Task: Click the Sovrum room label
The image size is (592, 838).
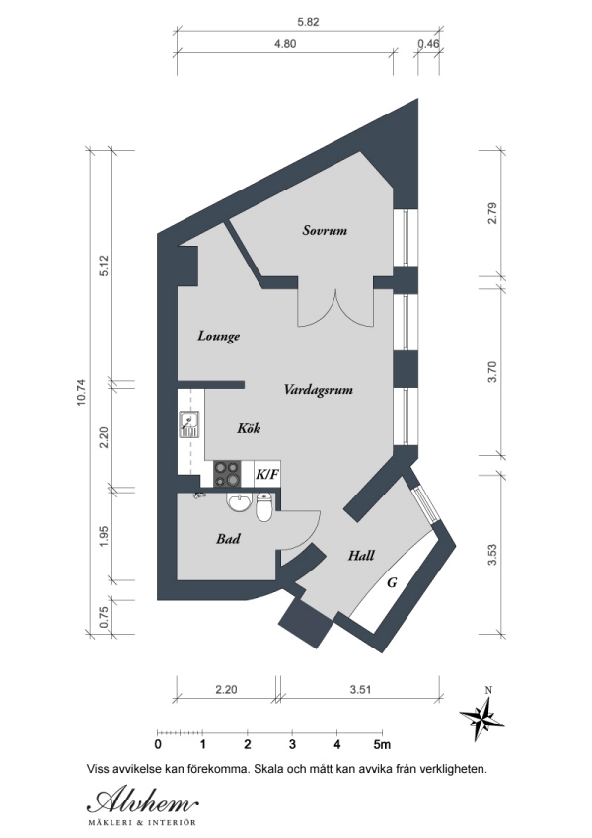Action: pos(325,230)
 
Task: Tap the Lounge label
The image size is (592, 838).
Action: pos(218,336)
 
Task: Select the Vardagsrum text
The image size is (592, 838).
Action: pos(318,390)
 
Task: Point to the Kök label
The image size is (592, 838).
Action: pos(250,429)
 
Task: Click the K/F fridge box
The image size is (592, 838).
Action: pos(267,474)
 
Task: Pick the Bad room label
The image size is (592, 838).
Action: pos(229,540)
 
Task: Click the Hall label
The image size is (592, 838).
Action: pos(361,556)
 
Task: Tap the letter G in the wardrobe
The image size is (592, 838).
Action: pos(392,583)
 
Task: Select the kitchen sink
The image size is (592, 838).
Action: pos(189,425)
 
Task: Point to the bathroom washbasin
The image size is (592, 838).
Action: pos(237,505)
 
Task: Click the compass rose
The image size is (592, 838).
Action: pos(482,717)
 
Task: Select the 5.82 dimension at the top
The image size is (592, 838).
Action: pos(308,21)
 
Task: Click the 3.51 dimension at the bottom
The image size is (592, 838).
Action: pos(359,691)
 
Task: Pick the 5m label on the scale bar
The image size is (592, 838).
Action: pos(382,744)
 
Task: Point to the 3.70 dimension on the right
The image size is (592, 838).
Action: pos(494,372)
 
